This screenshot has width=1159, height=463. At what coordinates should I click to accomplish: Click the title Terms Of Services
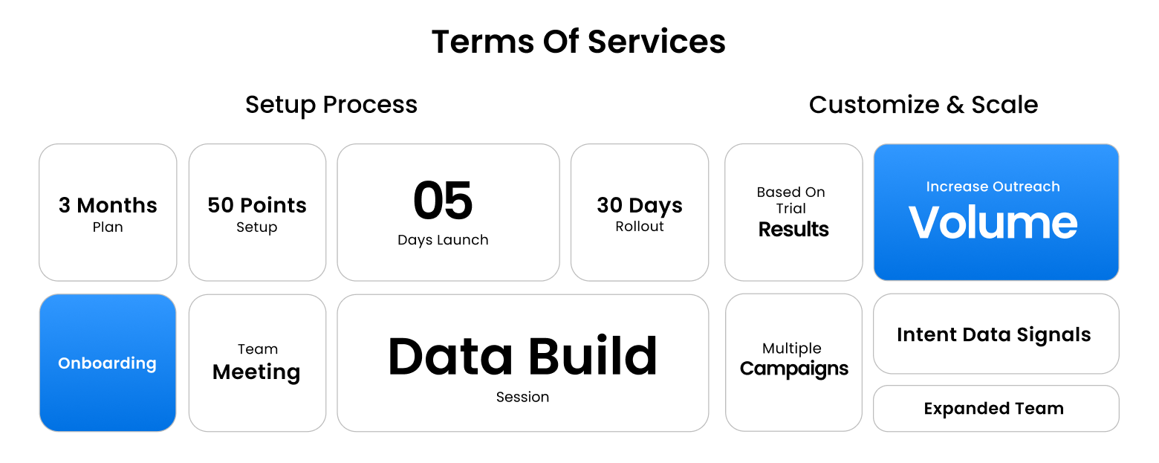coord(579,42)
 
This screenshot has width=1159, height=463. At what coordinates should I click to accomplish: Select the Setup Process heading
coord(331,105)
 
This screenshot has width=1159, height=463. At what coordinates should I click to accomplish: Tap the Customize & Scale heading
coord(923,105)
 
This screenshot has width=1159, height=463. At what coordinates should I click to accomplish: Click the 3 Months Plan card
coord(108,212)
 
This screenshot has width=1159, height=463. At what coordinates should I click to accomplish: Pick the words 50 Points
coord(256,205)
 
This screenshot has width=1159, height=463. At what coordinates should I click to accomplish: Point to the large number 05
coord(443,201)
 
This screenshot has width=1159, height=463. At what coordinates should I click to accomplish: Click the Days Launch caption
coord(443,240)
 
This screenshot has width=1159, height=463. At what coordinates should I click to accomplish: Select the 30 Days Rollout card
coord(640,212)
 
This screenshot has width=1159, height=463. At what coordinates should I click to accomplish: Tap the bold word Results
coord(793,229)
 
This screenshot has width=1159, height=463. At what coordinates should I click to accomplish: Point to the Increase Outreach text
coord(993,187)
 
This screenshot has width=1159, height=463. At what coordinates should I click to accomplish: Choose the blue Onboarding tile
coord(108,363)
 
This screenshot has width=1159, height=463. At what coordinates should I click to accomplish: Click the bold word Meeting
coord(256,372)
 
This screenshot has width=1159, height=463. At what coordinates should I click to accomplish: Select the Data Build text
coord(522,356)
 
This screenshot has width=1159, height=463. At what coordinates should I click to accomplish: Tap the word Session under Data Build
coord(522,397)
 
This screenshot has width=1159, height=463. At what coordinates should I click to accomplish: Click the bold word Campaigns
coord(793,369)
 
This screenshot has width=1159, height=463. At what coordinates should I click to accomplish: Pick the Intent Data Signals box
coord(996,334)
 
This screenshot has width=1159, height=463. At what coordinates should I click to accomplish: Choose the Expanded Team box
coord(996,408)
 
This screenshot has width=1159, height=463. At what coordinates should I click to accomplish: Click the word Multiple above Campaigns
coord(792,348)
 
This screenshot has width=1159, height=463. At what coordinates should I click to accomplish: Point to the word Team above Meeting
coord(258,349)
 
